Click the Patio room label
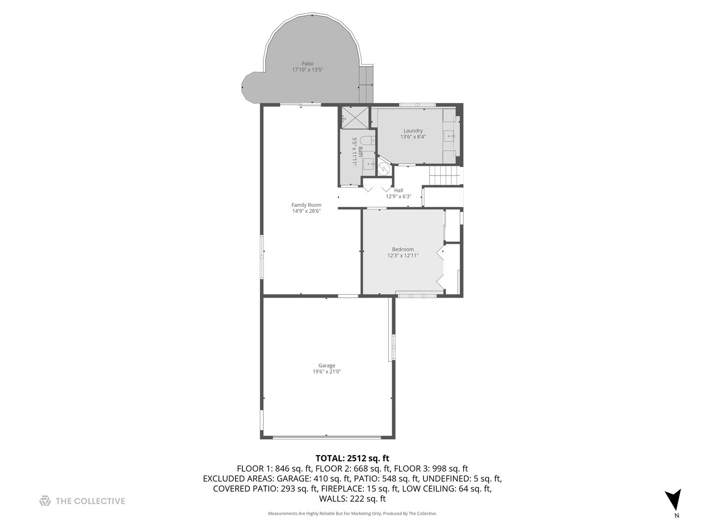307,64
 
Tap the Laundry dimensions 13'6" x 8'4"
413,137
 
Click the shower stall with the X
355,117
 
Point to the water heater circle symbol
385,169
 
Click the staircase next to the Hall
445,176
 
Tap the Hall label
399,190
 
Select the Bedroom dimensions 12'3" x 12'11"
403,255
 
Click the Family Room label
306,205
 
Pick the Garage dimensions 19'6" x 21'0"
327,372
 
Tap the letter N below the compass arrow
677,515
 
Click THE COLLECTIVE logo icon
45,501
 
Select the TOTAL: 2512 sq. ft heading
352,459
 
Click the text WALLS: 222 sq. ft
352,499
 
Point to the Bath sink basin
368,163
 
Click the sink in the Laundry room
449,135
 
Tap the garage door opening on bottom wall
327,437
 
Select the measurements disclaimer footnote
352,513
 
